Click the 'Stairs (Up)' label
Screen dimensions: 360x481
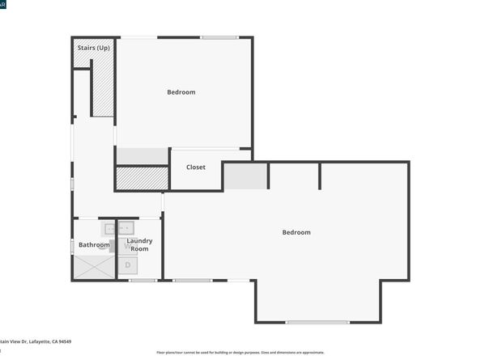pyautogui.click(x=93, y=49)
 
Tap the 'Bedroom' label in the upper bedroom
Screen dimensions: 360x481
pyautogui.click(x=181, y=92)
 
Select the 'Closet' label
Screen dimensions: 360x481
pyautogui.click(x=196, y=167)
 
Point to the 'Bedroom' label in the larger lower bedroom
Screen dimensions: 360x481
pyautogui.click(x=296, y=233)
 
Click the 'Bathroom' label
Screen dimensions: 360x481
pyautogui.click(x=93, y=245)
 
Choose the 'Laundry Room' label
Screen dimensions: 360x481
pyautogui.click(x=139, y=244)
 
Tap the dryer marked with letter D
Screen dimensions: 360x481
pyautogui.click(x=128, y=265)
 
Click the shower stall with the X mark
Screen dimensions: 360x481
pyautogui.click(x=95, y=267)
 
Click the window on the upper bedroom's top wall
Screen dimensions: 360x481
pyautogui.click(x=219, y=37)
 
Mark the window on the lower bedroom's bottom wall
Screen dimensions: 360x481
pyautogui.click(x=317, y=322)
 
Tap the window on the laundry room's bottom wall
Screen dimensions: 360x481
pyautogui.click(x=143, y=280)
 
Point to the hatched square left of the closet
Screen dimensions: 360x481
pyautogui.click(x=141, y=178)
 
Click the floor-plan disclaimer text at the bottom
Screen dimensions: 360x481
pyautogui.click(x=240, y=353)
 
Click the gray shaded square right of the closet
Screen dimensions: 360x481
pyautogui.click(x=245, y=176)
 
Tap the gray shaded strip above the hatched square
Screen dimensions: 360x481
pyautogui.click(x=141, y=156)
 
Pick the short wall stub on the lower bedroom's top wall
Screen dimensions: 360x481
pyautogui.click(x=320, y=176)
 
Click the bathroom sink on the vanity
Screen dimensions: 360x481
pyautogui.click(x=113, y=229)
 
